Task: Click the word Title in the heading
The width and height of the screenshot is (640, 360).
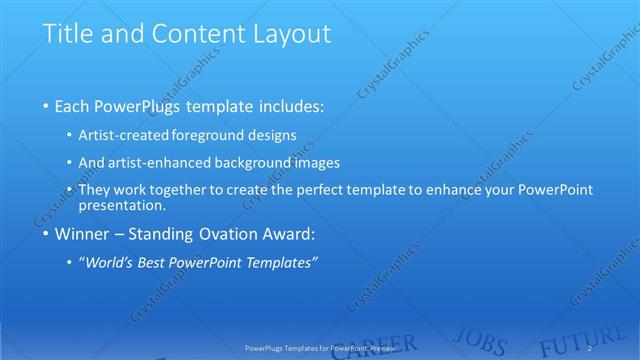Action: point(65,33)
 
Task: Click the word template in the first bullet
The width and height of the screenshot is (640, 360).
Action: point(229,105)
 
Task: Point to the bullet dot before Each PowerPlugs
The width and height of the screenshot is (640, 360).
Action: point(46,105)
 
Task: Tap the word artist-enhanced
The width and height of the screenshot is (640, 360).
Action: point(173,162)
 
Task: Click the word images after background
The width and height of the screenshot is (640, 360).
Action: point(317,162)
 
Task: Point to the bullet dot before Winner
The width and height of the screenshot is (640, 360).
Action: point(46,236)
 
